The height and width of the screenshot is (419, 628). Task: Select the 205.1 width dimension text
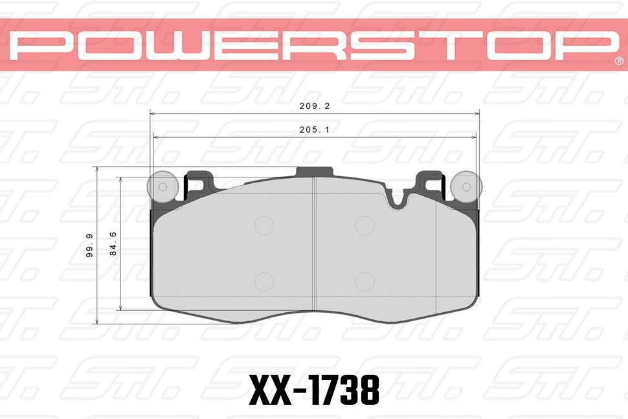click(x=315, y=129)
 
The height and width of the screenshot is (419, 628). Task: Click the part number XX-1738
click(x=314, y=389)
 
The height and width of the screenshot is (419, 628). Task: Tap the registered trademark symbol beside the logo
click(x=618, y=61)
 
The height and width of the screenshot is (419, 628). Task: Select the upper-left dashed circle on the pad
click(x=264, y=225)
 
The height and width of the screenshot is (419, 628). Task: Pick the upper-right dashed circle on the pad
click(x=365, y=225)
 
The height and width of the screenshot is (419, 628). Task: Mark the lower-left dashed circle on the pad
click(x=264, y=282)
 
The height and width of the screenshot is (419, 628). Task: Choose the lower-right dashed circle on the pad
click(x=365, y=282)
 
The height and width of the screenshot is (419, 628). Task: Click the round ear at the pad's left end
click(x=163, y=187)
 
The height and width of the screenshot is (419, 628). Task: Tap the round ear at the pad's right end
click(x=465, y=187)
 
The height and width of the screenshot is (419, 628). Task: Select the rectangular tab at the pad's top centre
click(x=315, y=172)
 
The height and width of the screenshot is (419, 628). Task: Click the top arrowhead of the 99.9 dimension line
click(x=97, y=169)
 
